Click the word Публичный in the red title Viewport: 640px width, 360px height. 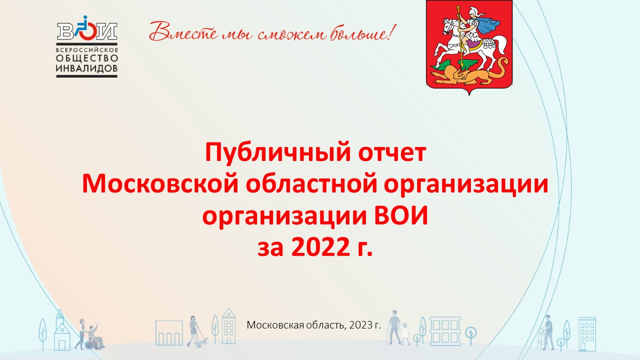coord(277,153)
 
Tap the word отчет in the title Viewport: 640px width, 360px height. coord(392,152)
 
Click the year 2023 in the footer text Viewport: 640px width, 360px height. coord(360,325)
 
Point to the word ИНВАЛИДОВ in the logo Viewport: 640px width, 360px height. coord(87,68)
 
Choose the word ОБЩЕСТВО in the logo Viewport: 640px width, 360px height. coord(87,58)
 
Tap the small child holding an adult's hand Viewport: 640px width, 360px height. coord(405,333)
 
